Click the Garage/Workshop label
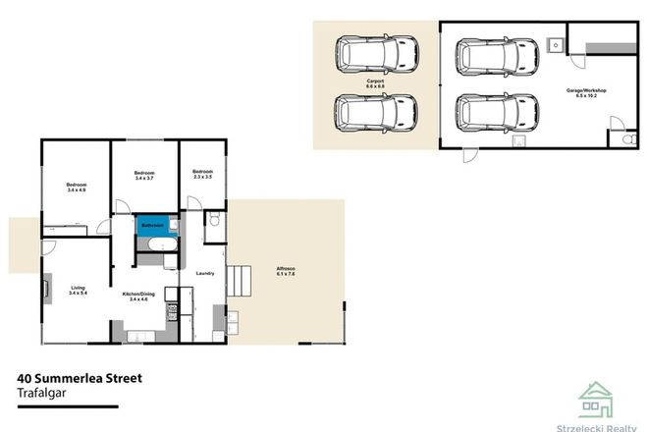(x=586, y=92)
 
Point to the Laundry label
(x=205, y=273)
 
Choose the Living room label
(x=78, y=291)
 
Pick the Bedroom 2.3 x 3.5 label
(x=203, y=174)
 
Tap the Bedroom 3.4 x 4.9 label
(x=77, y=188)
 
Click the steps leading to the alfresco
(x=239, y=285)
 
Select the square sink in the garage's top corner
(x=555, y=44)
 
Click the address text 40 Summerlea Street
(x=81, y=376)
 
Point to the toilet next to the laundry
(x=213, y=222)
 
